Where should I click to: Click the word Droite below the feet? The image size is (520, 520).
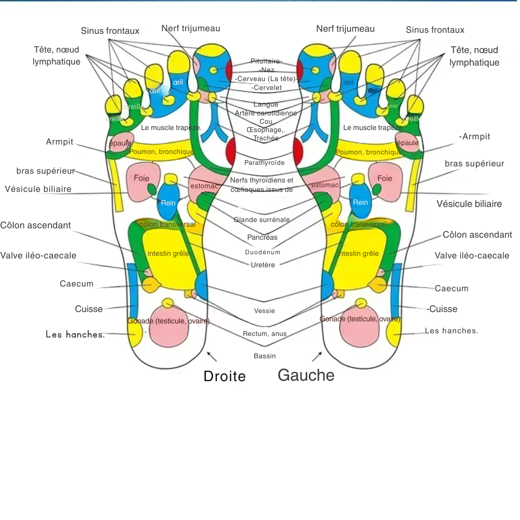coord(224,376)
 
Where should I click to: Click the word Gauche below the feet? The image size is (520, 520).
coord(306,375)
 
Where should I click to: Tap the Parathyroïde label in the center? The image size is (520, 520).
coord(264,163)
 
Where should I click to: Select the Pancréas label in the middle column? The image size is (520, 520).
coord(263,237)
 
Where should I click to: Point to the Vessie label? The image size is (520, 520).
coord(264,311)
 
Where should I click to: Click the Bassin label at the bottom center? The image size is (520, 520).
coord(265,356)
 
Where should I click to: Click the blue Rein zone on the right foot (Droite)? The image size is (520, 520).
coord(168,202)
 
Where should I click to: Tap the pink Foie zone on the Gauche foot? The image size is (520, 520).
coord(385,179)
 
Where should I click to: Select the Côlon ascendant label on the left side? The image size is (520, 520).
coord(35,225)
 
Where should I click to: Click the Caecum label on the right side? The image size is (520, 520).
coord(451,288)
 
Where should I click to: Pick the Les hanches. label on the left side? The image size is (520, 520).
coord(75,334)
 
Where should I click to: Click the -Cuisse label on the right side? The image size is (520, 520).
coord(442,309)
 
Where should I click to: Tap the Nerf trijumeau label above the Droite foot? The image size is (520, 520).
coord(190,28)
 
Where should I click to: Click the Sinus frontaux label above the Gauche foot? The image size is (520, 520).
coord(435,30)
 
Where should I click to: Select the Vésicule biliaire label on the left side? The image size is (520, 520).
coord(38,189)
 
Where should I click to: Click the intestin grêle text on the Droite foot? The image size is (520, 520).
coord(168,254)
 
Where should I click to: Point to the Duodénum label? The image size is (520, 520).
coord(263,252)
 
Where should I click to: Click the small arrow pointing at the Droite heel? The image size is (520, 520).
coord(212,356)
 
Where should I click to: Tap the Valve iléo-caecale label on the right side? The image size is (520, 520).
coord(472,256)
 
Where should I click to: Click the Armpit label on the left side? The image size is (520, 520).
coord(59,142)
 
